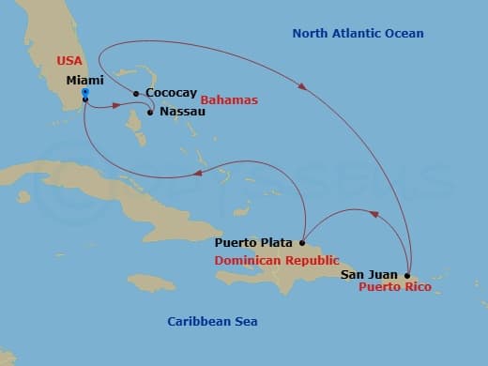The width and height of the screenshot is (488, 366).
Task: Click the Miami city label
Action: coord(84,82)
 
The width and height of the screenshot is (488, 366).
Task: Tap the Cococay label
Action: coord(170,94)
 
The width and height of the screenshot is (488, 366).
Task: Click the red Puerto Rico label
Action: coord(395,287)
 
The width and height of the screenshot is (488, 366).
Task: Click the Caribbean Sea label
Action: coord(212,322)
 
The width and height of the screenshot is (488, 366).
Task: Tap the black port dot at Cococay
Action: coord(136,93)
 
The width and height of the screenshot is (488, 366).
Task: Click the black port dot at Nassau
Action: coord(150,113)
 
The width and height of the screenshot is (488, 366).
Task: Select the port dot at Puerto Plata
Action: coord(301,241)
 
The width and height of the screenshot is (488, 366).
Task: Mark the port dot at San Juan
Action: coord(407,275)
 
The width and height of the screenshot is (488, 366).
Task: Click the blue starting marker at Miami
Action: coord(84,94)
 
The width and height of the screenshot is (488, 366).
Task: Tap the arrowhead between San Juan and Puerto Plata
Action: coord(374,215)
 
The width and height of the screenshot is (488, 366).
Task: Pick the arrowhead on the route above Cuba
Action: coord(198,174)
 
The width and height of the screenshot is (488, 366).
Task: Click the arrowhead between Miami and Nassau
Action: coord(117,105)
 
